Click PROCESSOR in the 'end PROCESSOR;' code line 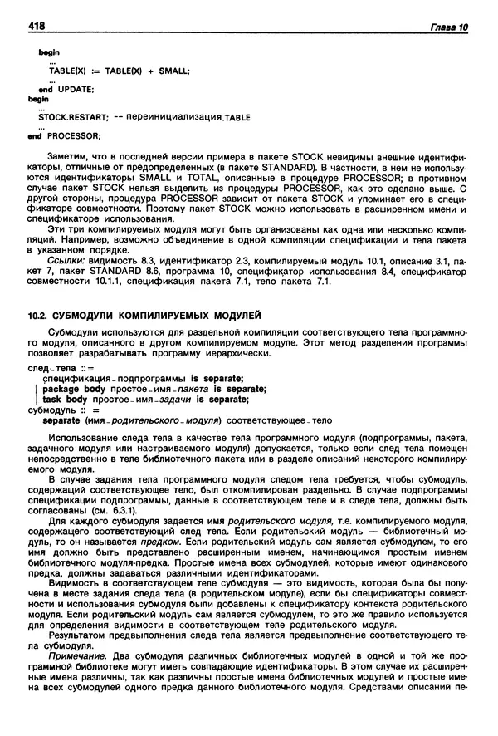pos(73,135)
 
